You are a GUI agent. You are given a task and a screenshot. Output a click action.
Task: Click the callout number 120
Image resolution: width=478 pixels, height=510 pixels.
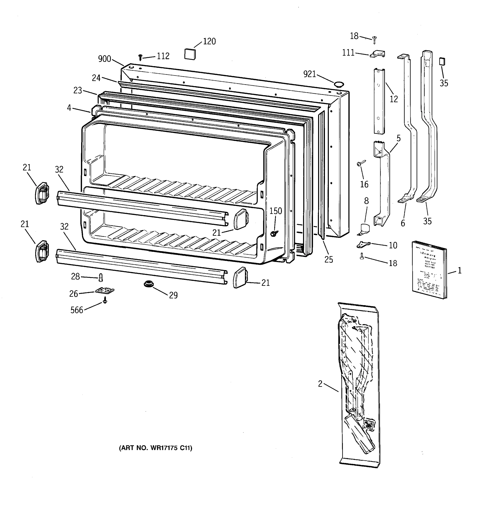tap(209, 41)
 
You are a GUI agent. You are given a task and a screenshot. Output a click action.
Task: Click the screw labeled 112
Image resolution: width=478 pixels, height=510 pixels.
tap(140, 57)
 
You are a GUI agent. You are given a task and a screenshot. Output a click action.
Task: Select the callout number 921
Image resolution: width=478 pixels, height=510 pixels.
tap(310, 74)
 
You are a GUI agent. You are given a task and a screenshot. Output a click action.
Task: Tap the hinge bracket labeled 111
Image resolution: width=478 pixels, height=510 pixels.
tap(377, 54)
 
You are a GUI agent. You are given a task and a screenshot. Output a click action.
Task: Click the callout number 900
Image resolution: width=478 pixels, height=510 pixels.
tap(104, 59)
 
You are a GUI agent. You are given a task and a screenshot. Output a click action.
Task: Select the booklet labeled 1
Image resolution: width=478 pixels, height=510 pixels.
tap(429, 270)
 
